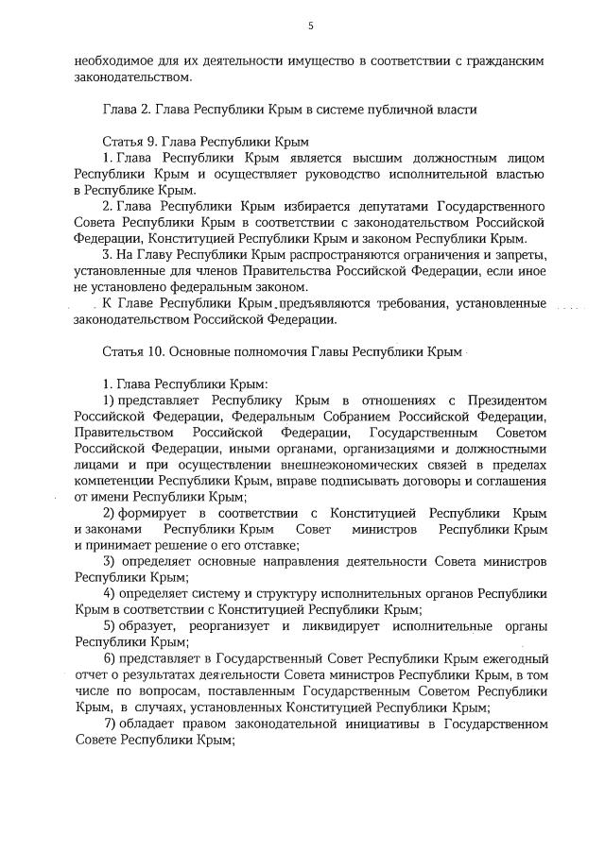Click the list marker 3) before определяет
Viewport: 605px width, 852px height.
pos(110,562)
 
